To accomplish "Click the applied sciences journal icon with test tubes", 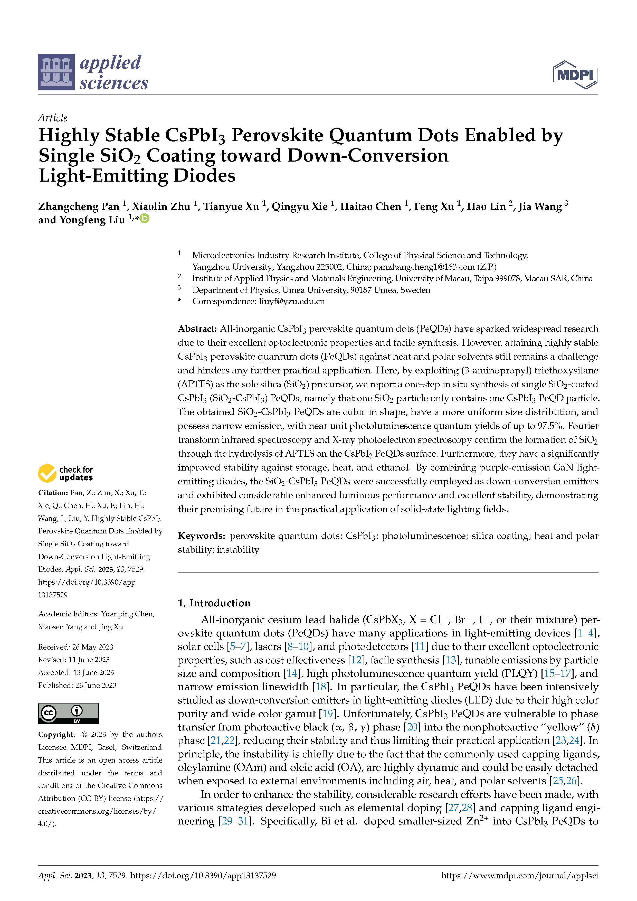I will coord(56,72).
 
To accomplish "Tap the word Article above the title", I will coord(53,118).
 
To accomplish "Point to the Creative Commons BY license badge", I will coord(68,714).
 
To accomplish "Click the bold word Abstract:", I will coord(197,329).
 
